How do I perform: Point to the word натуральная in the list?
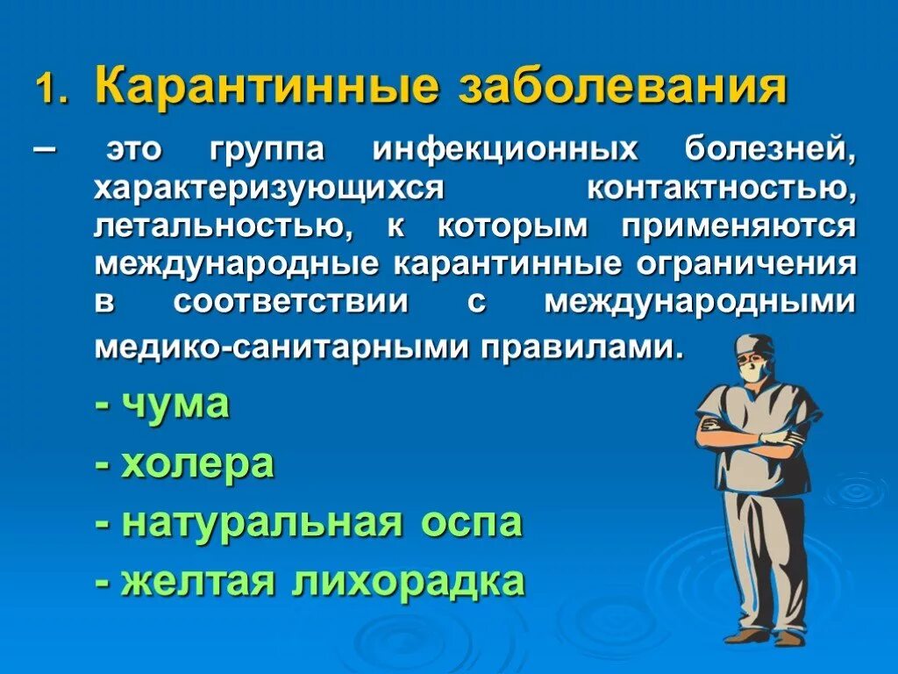[262, 524]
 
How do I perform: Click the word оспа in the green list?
[471, 524]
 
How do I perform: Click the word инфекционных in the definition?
[505, 150]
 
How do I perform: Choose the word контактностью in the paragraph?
[721, 188]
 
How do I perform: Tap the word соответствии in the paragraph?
[291, 301]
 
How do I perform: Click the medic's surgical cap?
[753, 345]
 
